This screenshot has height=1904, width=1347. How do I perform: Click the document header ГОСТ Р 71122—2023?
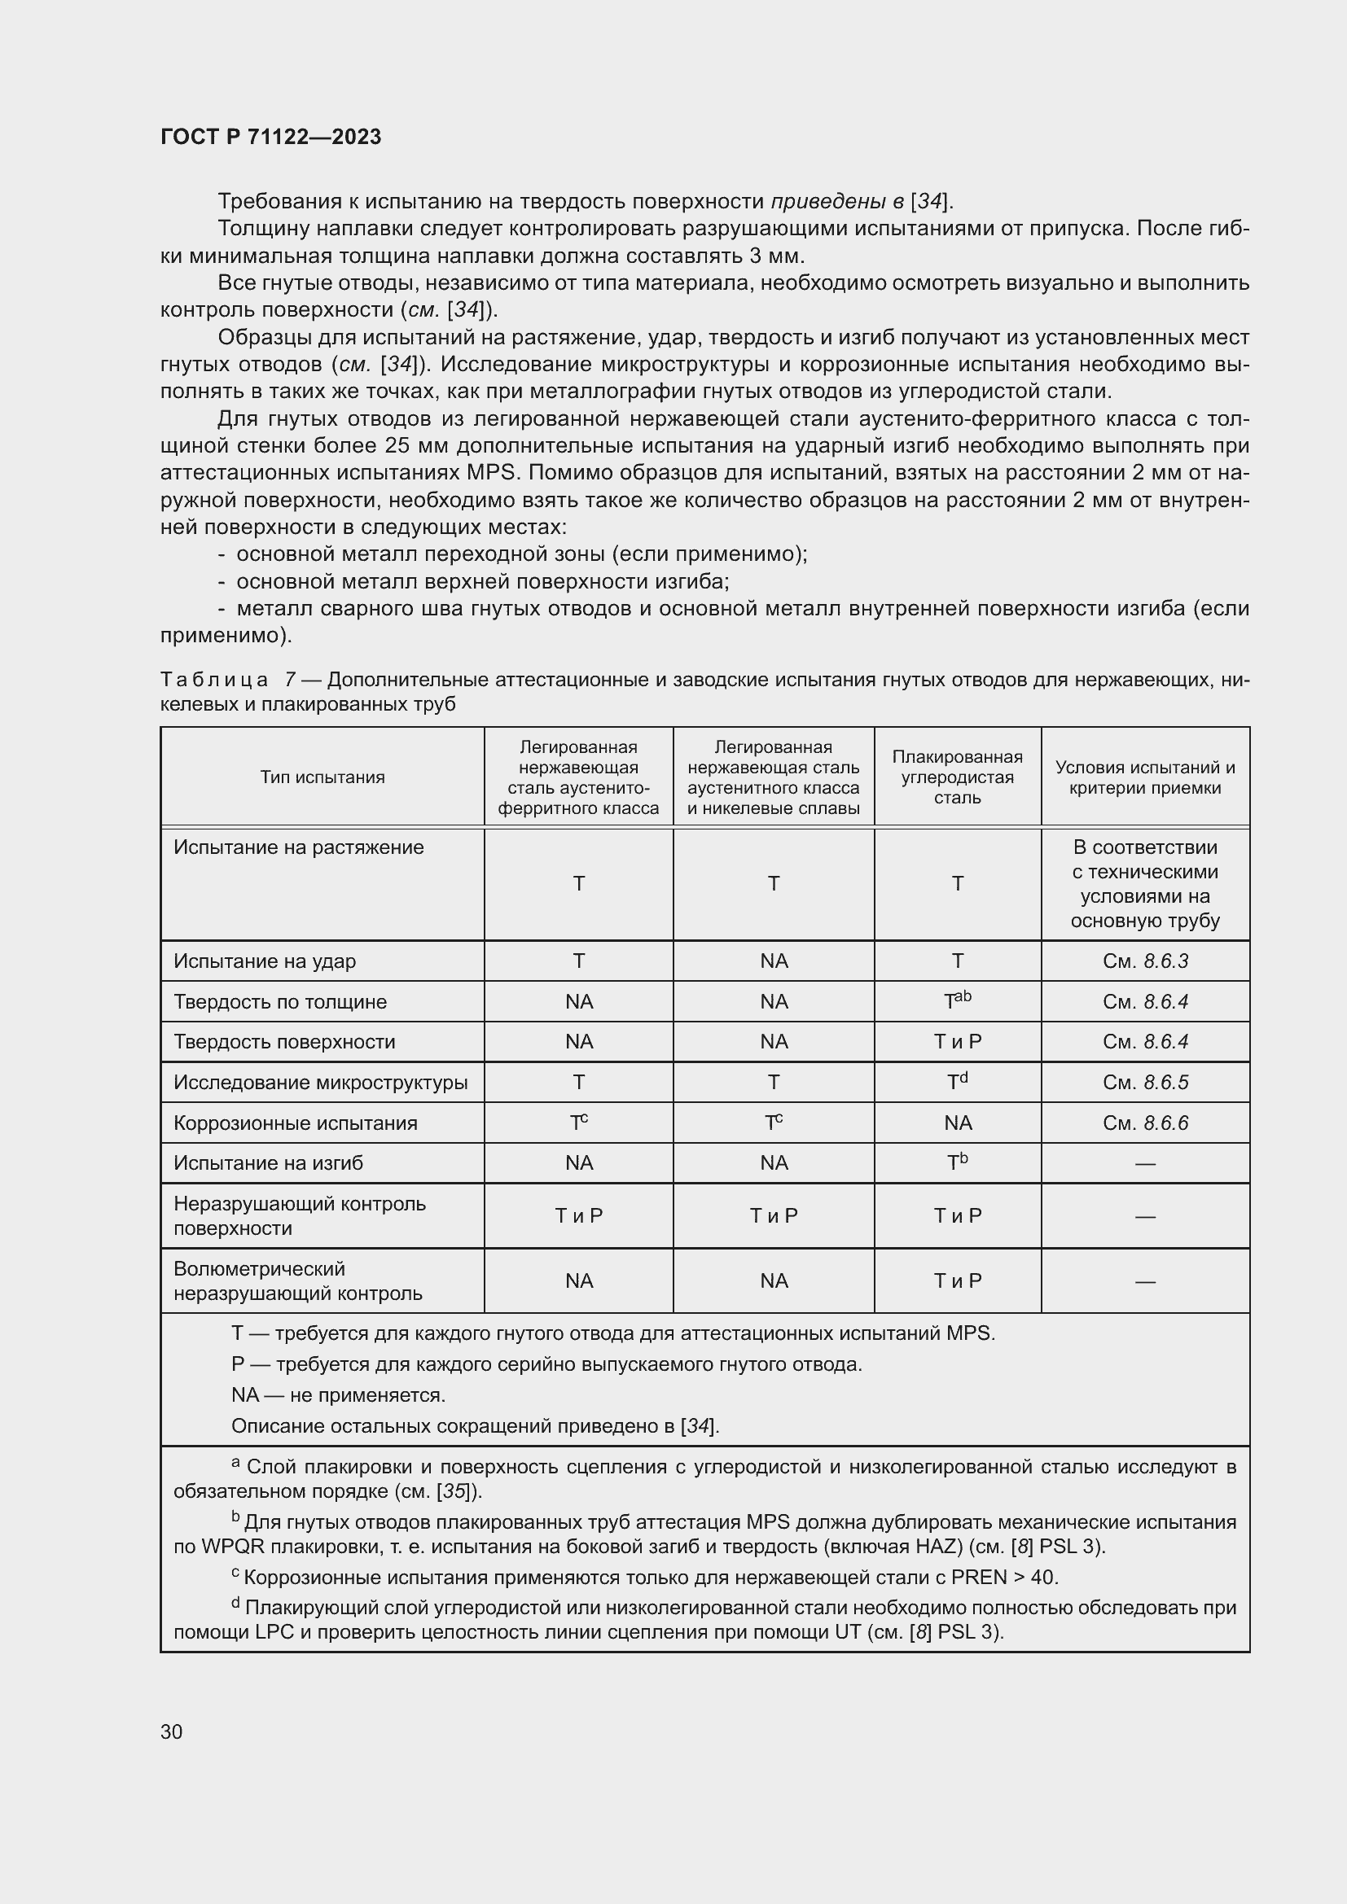(x=270, y=137)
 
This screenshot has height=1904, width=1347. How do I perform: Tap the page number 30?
(x=172, y=1731)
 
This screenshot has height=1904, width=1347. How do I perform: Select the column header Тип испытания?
(x=322, y=777)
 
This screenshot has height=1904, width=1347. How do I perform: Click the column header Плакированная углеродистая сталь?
(x=957, y=777)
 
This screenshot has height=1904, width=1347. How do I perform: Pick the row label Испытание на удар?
(x=265, y=961)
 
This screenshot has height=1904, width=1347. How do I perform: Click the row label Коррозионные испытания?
(x=296, y=1123)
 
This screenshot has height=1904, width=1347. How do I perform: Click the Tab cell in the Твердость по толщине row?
(x=957, y=1001)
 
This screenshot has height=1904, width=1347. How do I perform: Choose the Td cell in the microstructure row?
(x=957, y=1081)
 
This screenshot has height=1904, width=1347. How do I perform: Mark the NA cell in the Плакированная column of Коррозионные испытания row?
(x=957, y=1123)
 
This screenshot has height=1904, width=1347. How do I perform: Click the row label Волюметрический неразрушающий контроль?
(x=298, y=1281)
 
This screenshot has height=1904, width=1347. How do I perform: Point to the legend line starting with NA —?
(x=339, y=1395)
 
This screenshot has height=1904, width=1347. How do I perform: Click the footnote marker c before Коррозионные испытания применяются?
(x=235, y=1573)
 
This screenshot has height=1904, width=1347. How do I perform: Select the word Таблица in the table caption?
(x=214, y=680)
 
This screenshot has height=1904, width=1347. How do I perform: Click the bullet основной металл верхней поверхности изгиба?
(x=482, y=581)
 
